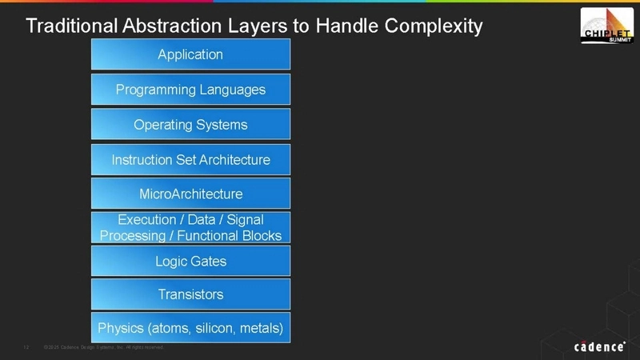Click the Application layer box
[190, 54]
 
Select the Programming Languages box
[190, 90]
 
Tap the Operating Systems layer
[190, 125]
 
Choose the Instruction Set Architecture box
[190, 160]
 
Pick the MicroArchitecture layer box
[190, 194]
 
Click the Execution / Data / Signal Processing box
[190, 227]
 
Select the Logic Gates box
[190, 261]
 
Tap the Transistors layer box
[190, 294]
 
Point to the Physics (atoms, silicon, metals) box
[190, 328]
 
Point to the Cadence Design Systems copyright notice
[104, 347]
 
